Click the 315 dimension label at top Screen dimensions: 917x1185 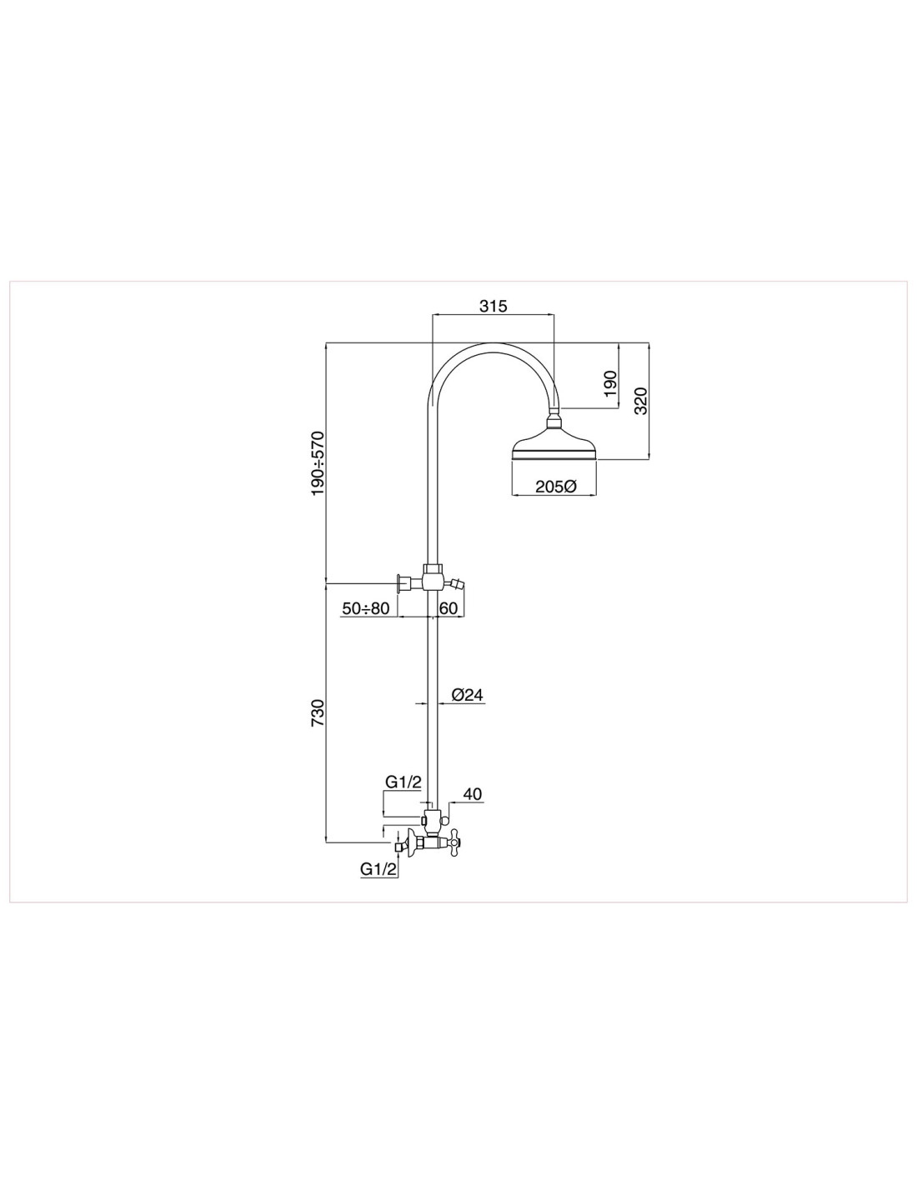pyautogui.click(x=494, y=306)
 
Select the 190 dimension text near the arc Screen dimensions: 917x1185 pyautogui.click(x=610, y=383)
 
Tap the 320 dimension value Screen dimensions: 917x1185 pyautogui.click(x=640, y=401)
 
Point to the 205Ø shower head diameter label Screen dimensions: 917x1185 pyautogui.click(x=555, y=487)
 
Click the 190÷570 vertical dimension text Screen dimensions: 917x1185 pyautogui.click(x=317, y=463)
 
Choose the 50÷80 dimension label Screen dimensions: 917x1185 pyautogui.click(x=365, y=608)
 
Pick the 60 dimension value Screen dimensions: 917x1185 pyautogui.click(x=448, y=608)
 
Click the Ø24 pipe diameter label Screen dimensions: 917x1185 pyautogui.click(x=468, y=695)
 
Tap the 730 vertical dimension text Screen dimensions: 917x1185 pyautogui.click(x=317, y=712)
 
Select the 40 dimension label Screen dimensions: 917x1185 pyautogui.click(x=473, y=794)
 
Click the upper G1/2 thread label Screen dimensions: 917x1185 pyautogui.click(x=403, y=782)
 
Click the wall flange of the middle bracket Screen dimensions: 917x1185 pyautogui.click(x=401, y=583)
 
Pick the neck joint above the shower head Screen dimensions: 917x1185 pyautogui.click(x=554, y=419)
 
